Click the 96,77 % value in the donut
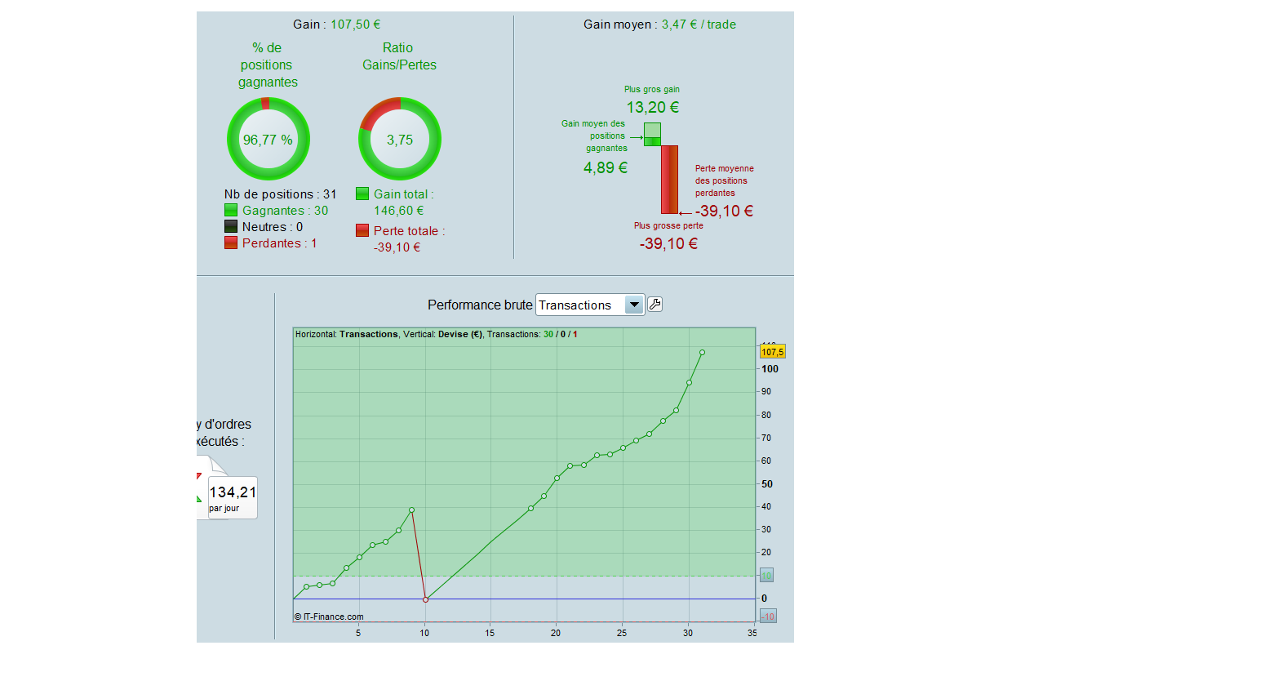(268, 140)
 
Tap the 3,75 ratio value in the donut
(400, 140)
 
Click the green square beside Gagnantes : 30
(231, 211)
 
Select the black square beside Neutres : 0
(231, 227)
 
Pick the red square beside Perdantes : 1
(231, 243)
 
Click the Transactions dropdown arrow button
(634, 305)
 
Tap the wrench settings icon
(655, 305)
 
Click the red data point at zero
(425, 599)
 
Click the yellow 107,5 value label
(772, 352)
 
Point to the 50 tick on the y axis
(766, 484)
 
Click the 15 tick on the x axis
(490, 633)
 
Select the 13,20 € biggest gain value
(652, 108)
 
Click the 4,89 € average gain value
(606, 168)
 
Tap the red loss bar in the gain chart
(669, 180)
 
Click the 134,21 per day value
(233, 492)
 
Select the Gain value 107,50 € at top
(355, 24)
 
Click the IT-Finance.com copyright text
(330, 617)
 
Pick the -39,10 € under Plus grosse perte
(668, 244)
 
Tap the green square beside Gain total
(362, 194)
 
